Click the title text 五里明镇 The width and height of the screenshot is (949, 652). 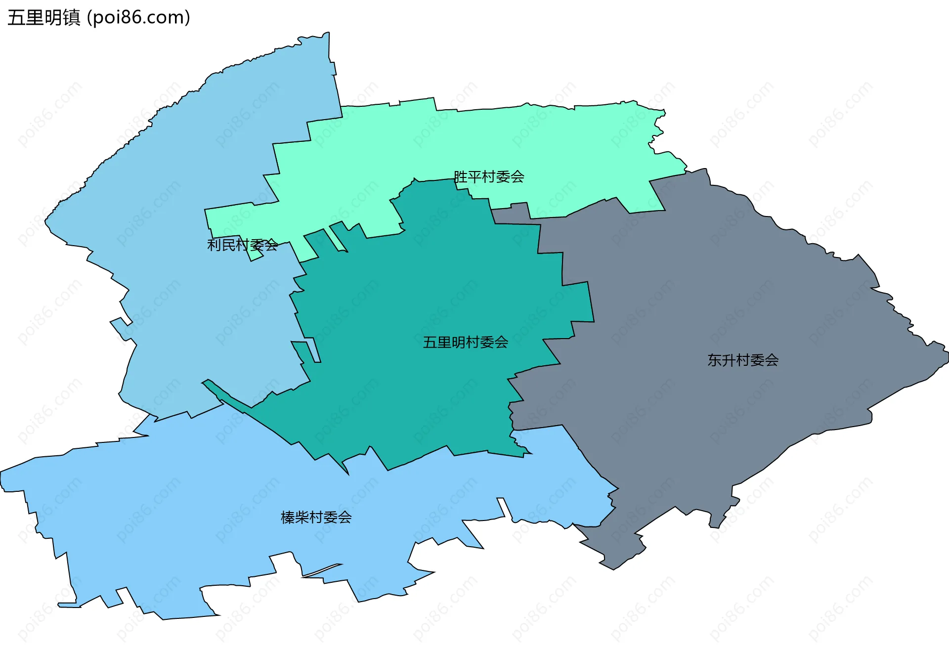[43, 18]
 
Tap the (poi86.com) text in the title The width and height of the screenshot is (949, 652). [138, 18]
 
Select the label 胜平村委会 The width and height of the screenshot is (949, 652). [489, 176]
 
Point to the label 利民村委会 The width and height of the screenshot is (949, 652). [242, 245]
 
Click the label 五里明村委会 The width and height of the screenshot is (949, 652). [465, 342]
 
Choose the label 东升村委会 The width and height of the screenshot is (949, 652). [742, 360]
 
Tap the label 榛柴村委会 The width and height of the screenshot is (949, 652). [316, 517]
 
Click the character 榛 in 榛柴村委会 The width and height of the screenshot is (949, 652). [288, 517]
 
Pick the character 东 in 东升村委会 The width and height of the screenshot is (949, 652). [714, 360]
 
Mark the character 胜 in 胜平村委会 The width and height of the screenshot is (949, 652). [461, 176]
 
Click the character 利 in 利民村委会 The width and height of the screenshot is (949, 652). [214, 245]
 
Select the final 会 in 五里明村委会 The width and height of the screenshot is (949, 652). [501, 342]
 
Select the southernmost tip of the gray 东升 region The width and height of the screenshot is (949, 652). [613, 568]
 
